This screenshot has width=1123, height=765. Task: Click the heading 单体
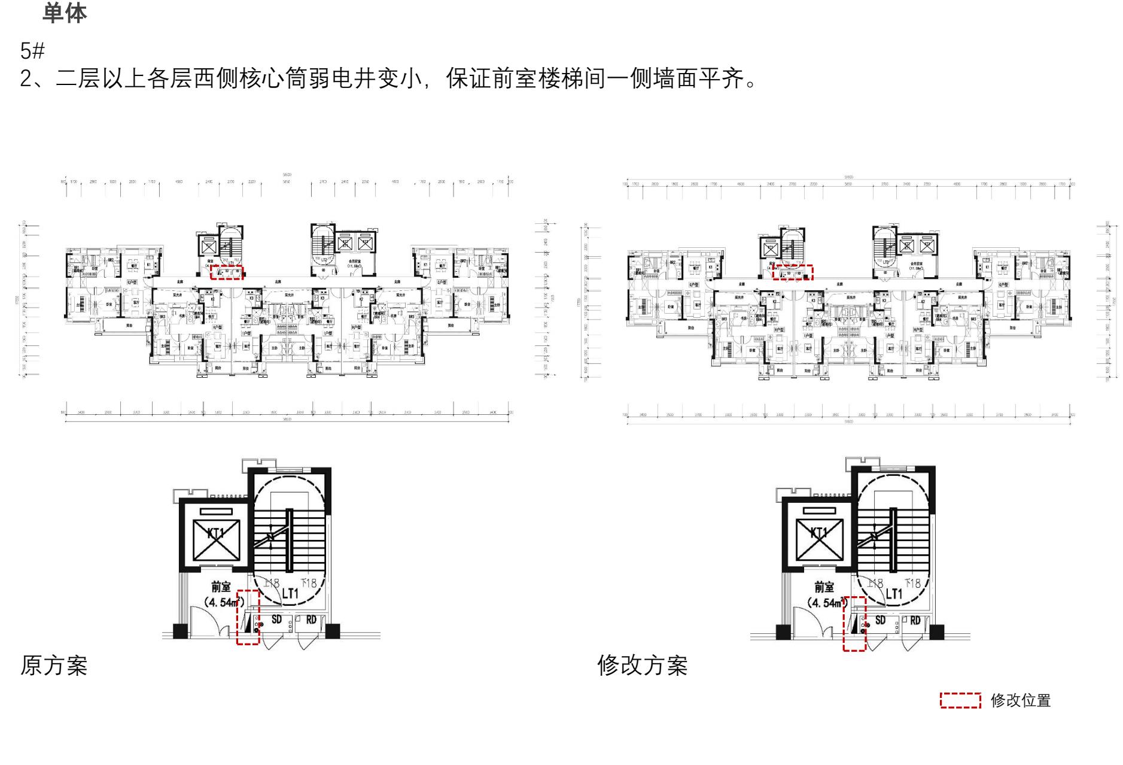pos(65,13)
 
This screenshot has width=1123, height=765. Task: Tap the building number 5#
pos(32,51)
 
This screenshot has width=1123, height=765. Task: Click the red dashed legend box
pos(960,700)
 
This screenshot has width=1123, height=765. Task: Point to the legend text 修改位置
pos(1021,700)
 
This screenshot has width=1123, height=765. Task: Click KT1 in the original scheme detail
pos(216,532)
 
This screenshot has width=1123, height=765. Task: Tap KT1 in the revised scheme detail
pos(819,532)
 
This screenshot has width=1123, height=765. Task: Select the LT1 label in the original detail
pos(290,593)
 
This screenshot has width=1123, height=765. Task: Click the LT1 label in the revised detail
pos(893,593)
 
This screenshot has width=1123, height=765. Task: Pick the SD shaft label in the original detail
pos(276,620)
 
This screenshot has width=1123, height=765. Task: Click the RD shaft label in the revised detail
pos(915,621)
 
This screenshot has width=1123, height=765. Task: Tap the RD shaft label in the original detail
pos(311,620)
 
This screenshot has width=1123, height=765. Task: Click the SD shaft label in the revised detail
pos(880,621)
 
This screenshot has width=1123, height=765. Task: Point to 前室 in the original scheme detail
pos(221,587)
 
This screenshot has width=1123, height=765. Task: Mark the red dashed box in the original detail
pos(248,617)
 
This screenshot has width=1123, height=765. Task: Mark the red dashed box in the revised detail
pos(854,623)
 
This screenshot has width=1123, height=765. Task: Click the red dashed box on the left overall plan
pos(227,272)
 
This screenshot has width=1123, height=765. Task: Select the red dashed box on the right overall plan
pos(793,272)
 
